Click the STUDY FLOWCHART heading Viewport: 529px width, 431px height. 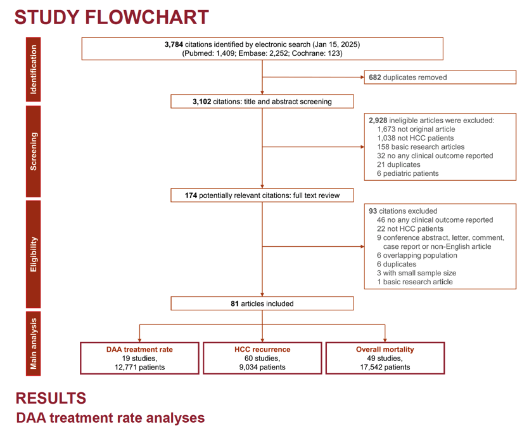(x=112, y=17)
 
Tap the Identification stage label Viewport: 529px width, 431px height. (x=34, y=69)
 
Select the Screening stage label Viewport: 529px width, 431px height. (x=34, y=151)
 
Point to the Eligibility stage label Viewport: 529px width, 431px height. (x=34, y=254)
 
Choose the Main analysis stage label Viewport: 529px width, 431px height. (x=34, y=343)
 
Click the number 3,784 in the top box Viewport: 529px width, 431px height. (x=174, y=44)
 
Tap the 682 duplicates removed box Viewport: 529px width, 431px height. (x=440, y=77)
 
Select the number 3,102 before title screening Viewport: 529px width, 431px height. (x=201, y=102)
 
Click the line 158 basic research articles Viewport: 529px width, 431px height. (x=421, y=147)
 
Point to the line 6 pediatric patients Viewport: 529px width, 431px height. (x=408, y=173)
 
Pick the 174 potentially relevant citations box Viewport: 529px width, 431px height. (x=262, y=195)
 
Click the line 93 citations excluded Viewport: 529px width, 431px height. (x=403, y=211)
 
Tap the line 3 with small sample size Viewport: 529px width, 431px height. (x=417, y=273)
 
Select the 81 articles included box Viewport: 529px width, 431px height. (x=262, y=303)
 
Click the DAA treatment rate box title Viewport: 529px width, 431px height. (x=139, y=349)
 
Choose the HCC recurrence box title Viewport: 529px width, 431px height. (x=262, y=349)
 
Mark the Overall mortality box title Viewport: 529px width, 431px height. (x=385, y=349)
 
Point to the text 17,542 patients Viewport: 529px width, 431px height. (x=385, y=367)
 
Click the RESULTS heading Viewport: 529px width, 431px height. (x=51, y=398)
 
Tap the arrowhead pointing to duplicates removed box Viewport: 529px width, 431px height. (x=362, y=77)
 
